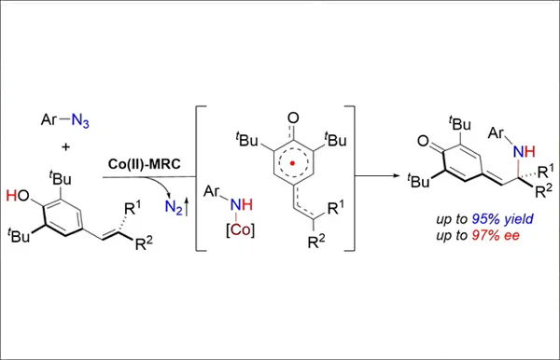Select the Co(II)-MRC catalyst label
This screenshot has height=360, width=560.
145,164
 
